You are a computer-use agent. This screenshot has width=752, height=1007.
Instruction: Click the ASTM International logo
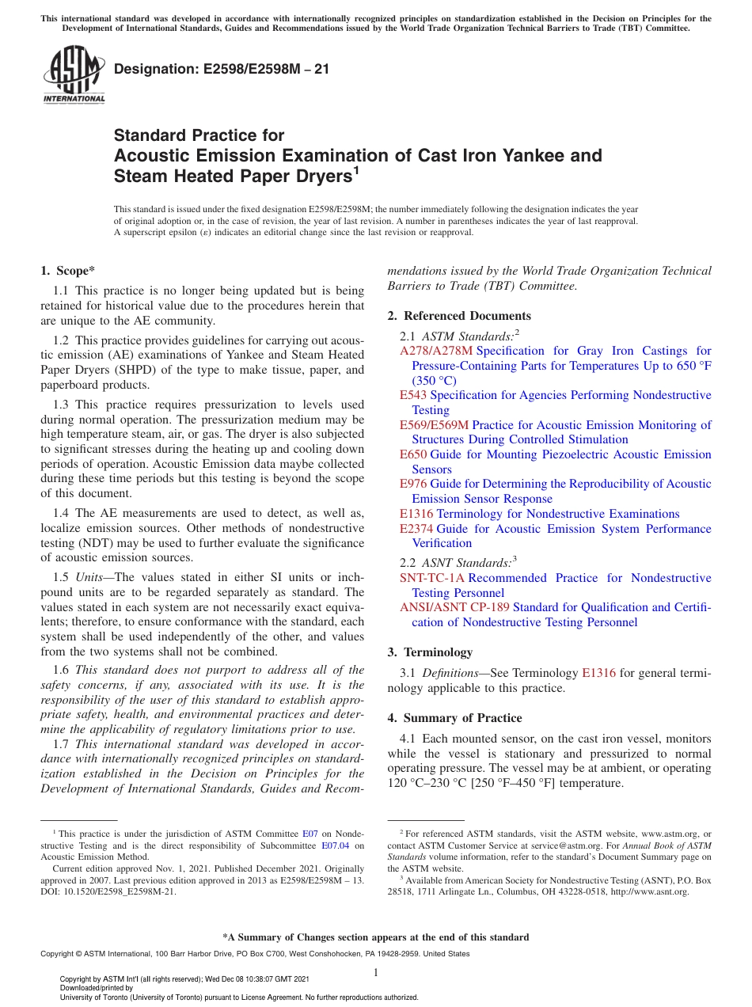tap(73, 74)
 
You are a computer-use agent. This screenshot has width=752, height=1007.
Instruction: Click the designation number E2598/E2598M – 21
tap(222, 70)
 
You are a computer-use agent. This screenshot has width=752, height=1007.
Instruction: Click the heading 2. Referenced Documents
tap(459, 316)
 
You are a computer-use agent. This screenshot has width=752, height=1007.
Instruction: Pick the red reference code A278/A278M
tap(436, 351)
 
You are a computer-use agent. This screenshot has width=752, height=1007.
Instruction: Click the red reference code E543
tap(413, 395)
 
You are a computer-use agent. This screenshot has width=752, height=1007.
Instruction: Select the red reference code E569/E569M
tap(434, 425)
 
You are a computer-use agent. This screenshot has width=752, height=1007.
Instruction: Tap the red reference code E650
tap(413, 454)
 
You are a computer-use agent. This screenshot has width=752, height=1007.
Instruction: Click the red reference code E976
tap(413, 484)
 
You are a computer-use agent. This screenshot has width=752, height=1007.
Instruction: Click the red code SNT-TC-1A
tap(432, 578)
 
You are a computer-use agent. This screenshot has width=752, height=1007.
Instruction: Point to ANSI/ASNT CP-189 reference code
tap(454, 607)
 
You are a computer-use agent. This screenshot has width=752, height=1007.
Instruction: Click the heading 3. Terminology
tap(430, 652)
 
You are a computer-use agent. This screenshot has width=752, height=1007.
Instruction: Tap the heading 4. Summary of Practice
tap(454, 718)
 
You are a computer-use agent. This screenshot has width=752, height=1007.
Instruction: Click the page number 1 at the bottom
tap(376, 972)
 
